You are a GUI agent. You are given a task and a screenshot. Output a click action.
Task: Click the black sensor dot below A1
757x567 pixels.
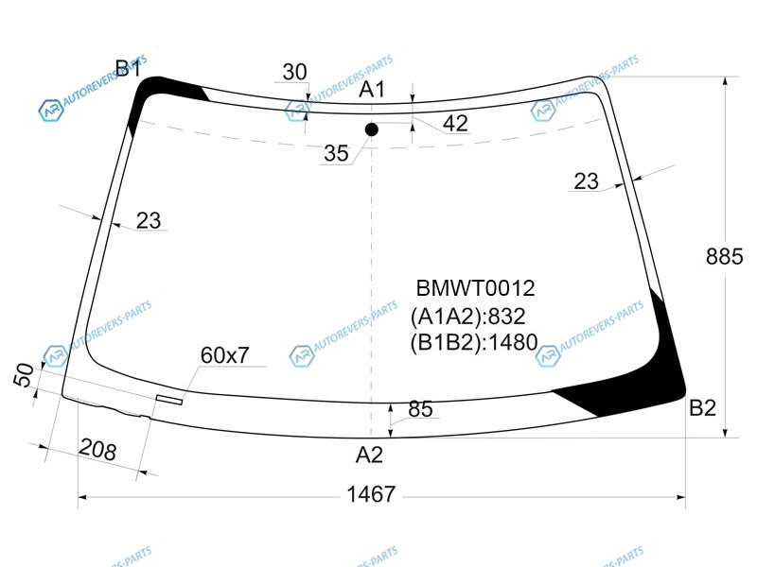tap(371, 129)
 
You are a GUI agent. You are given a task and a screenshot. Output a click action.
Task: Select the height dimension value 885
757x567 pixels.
tap(724, 256)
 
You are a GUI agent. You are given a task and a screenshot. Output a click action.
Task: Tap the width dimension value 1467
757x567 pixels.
tap(371, 494)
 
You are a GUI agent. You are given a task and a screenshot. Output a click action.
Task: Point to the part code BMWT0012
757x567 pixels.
tap(476, 288)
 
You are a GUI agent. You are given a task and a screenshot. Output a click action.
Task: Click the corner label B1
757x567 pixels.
tap(129, 68)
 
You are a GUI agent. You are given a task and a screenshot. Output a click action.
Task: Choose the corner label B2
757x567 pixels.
tap(702, 408)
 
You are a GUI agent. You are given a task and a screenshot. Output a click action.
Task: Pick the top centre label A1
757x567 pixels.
tap(372, 89)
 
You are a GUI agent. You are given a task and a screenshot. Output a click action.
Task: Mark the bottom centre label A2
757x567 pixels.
tap(369, 455)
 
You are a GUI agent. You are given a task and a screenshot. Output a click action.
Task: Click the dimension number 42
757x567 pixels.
tap(455, 124)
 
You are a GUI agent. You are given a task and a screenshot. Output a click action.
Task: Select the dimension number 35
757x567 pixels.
tap(336, 153)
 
